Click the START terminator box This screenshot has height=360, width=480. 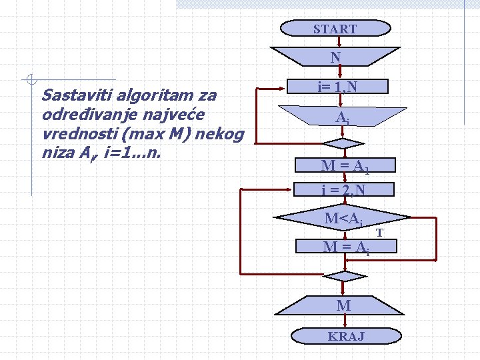click(335, 29)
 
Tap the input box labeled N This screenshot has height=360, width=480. click(335, 57)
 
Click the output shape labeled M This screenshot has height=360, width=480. click(343, 305)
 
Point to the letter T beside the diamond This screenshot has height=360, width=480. click(379, 233)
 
